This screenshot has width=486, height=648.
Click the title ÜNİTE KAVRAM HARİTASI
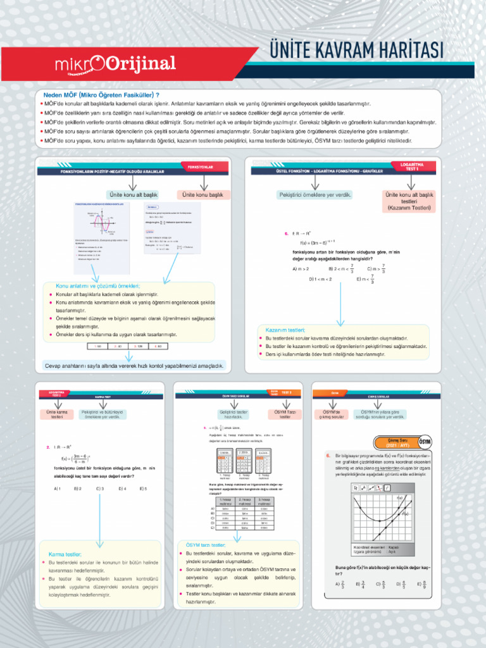click(x=356, y=51)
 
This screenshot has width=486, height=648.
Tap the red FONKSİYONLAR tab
click(x=200, y=167)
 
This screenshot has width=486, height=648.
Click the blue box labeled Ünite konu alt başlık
click(x=133, y=194)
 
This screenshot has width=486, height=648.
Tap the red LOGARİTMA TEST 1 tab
click(x=412, y=167)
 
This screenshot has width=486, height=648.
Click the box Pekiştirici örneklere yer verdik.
click(x=315, y=194)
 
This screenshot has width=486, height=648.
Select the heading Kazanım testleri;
click(x=282, y=330)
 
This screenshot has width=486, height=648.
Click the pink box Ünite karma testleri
click(x=57, y=415)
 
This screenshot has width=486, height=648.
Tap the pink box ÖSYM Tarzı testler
click(x=285, y=414)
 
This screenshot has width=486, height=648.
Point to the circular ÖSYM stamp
click(x=425, y=440)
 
